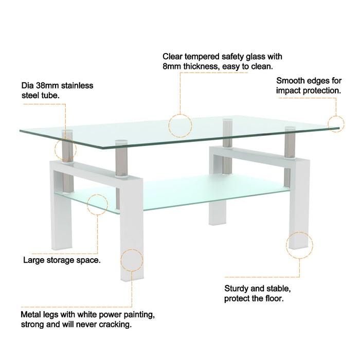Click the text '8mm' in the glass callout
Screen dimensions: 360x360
point(172,66)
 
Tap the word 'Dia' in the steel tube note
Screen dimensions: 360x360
point(27,85)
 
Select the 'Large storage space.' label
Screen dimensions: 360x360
point(62,260)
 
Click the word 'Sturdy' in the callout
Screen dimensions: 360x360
point(237,289)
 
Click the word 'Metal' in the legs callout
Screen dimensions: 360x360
point(31,314)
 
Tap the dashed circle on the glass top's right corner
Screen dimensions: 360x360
point(335,124)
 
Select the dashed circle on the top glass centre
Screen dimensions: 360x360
point(181,125)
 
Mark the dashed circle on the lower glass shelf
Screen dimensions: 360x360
point(97,205)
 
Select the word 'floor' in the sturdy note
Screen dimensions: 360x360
point(272,298)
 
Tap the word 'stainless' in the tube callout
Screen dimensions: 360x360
point(77,85)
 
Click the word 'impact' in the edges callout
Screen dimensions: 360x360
point(289,91)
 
